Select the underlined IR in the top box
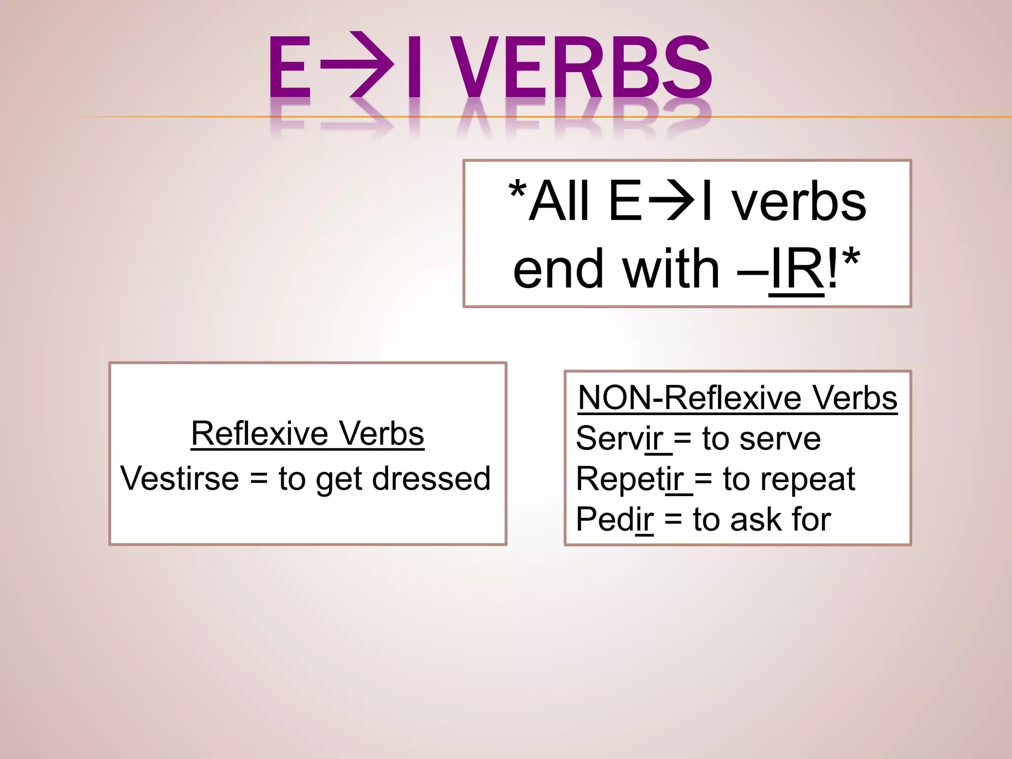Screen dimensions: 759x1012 (797, 269)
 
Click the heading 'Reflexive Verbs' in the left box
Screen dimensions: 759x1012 (307, 433)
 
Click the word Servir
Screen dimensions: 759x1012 (620, 438)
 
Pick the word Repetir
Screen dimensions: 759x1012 (630, 479)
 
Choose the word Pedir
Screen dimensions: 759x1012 (614, 519)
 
